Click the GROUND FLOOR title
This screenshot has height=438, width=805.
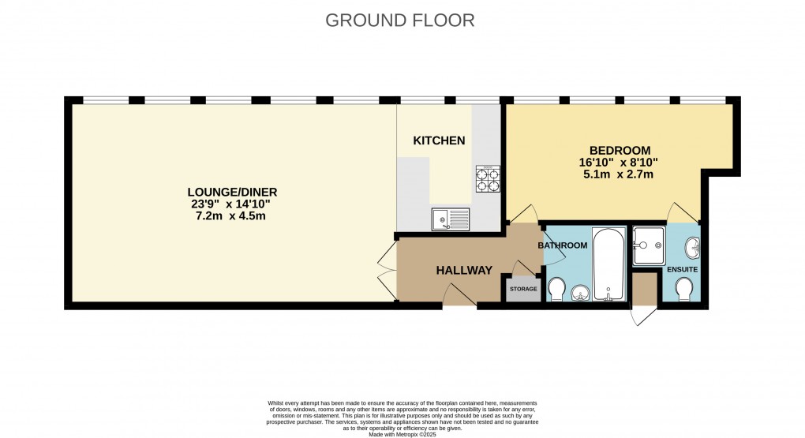pos(400,21)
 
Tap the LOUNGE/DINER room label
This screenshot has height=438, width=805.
pos(232,192)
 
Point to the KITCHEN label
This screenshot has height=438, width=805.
pos(439,140)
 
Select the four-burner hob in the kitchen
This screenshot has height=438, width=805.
pos(487,178)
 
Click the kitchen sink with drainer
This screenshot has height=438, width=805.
pos(450,219)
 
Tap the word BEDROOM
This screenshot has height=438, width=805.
pos(620,151)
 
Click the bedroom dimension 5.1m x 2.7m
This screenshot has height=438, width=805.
pos(620,174)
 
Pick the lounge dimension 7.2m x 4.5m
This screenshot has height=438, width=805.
pos(232,215)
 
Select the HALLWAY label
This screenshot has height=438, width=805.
pos(464,270)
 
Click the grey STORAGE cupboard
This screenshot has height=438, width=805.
pos(522,289)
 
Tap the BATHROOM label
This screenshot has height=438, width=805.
pos(563,245)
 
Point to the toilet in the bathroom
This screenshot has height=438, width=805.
pos(556,290)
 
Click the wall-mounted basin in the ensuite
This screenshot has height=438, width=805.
pos(692,248)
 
